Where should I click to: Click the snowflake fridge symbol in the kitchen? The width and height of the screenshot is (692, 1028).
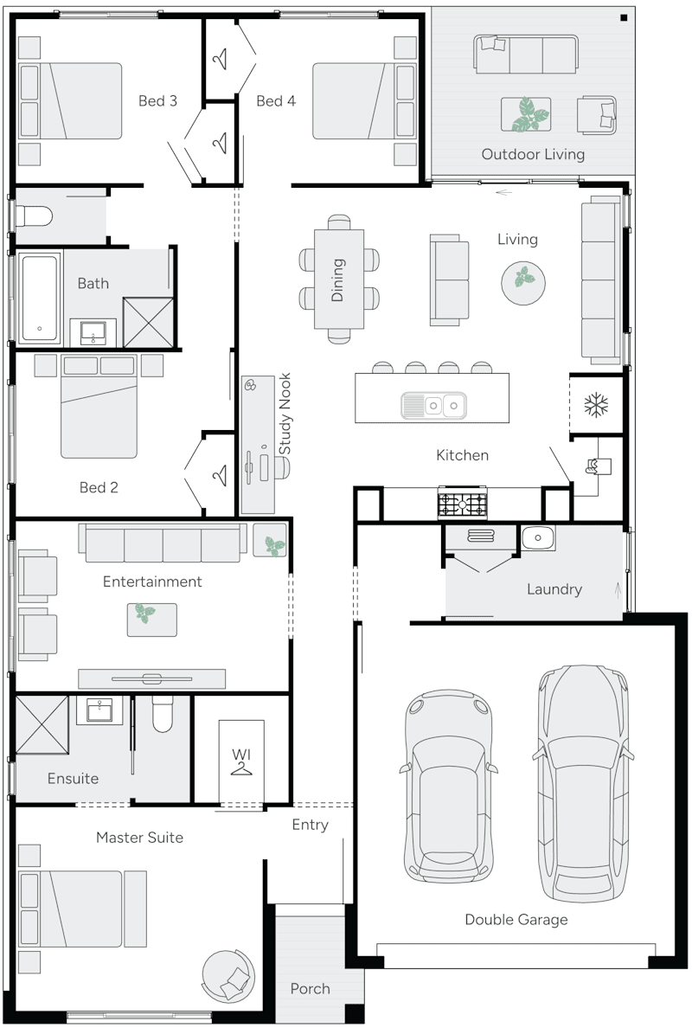(x=595, y=404)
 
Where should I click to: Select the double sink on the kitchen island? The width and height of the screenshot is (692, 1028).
(x=433, y=404)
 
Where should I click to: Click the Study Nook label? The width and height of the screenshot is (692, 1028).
(x=285, y=414)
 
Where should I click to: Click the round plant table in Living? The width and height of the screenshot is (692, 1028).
(x=523, y=279)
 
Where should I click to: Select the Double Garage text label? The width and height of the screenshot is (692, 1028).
(x=516, y=919)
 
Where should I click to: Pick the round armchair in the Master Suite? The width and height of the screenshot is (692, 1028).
(x=228, y=976)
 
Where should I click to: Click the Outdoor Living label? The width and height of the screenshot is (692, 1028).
(x=533, y=154)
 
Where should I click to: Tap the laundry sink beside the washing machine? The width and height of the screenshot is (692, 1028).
(x=538, y=538)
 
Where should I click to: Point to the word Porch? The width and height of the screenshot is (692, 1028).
(x=310, y=988)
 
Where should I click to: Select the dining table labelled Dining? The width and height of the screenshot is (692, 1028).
(x=338, y=279)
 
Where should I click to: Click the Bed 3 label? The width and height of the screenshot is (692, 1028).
(x=157, y=101)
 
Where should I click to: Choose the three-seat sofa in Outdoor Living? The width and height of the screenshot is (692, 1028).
(x=525, y=54)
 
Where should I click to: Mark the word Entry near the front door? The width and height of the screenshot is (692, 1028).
(x=310, y=825)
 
